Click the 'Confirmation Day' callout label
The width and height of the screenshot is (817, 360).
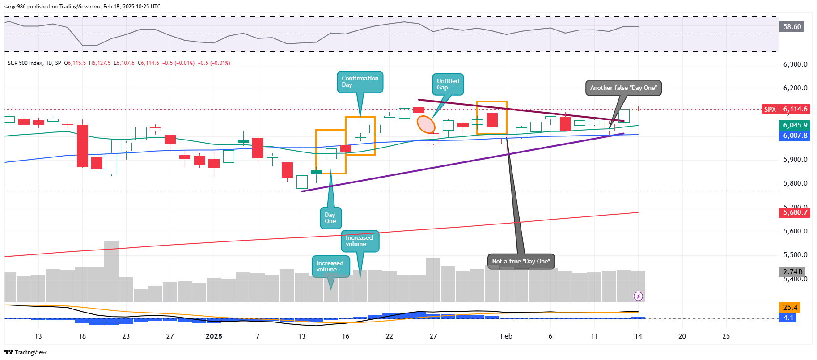[360, 82]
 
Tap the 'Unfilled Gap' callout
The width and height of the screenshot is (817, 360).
[448, 85]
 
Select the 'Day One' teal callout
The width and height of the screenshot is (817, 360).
[330, 218]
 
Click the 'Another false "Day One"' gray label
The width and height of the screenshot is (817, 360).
[623, 88]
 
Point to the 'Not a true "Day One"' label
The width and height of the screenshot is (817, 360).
[521, 262]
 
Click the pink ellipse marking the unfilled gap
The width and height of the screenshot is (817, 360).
[426, 124]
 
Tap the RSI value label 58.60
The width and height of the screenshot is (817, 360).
[792, 27]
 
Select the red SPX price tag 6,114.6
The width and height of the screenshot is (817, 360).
[795, 110]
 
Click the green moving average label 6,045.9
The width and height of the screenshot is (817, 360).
[795, 125]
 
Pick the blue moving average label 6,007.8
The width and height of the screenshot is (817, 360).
[795, 136]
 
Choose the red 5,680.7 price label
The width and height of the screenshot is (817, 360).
[795, 212]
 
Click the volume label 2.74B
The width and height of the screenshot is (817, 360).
[792, 272]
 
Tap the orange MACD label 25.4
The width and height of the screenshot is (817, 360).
[790, 308]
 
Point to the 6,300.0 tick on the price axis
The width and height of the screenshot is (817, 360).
[795, 64]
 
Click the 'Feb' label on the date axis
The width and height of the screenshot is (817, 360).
[506, 336]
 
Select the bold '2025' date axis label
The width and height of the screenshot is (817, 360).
[214, 336]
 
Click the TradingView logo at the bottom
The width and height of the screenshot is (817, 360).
[25, 352]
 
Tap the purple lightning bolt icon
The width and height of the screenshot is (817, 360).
[638, 296]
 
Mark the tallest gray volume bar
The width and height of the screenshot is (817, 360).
[111, 271]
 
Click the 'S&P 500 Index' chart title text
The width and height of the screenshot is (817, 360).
[25, 63]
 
